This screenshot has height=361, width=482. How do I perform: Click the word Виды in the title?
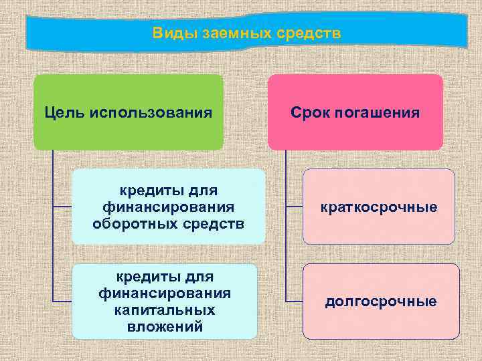(168, 33)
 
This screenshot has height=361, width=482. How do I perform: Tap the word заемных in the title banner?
(226, 33)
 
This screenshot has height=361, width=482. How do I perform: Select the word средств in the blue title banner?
(305, 33)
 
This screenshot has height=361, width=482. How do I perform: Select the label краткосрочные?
(379, 207)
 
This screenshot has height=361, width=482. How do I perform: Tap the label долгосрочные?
(380, 302)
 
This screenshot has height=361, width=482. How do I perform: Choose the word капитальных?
(164, 310)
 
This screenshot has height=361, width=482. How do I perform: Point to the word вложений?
(164, 326)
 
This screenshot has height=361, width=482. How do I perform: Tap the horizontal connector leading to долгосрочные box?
(294, 299)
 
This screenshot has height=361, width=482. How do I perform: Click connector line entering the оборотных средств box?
(62, 207)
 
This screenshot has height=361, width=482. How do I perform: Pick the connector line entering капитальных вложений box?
(62, 300)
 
